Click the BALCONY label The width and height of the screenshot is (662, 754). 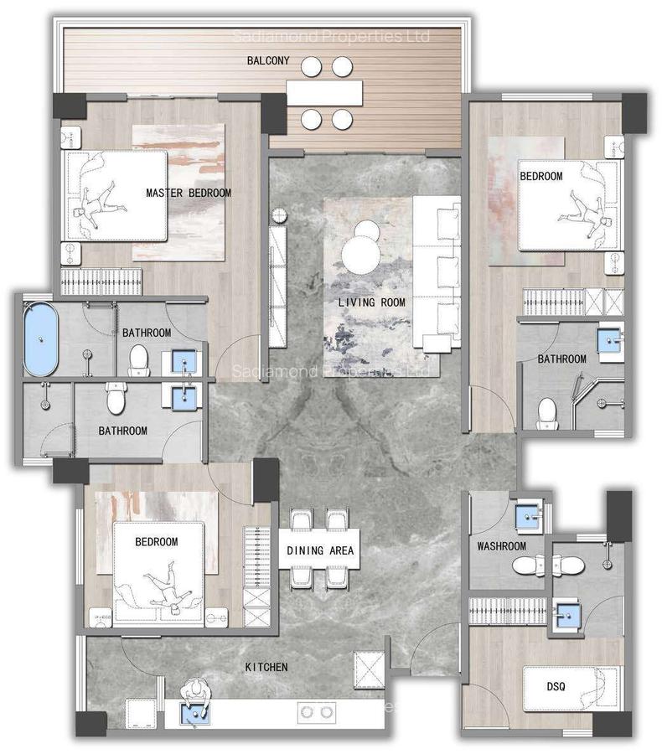(x=268, y=60)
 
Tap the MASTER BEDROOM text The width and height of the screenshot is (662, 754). (x=189, y=193)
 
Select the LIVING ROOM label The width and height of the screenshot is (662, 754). (x=371, y=302)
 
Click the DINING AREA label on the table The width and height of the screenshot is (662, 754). (x=320, y=551)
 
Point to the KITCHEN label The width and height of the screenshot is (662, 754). (x=266, y=667)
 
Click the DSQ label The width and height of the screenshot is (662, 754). (x=556, y=687)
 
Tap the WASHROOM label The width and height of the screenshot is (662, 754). (x=501, y=546)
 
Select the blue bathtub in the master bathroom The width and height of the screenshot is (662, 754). (x=40, y=339)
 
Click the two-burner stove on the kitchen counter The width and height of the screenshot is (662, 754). (x=317, y=712)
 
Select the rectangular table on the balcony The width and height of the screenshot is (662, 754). (x=324, y=91)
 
